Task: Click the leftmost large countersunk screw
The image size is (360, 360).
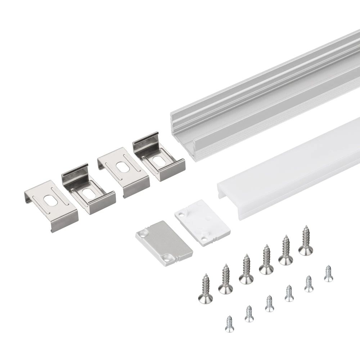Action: click(205, 288)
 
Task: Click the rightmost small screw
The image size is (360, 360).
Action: click(328, 273)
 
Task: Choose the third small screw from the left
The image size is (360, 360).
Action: click(269, 303)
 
